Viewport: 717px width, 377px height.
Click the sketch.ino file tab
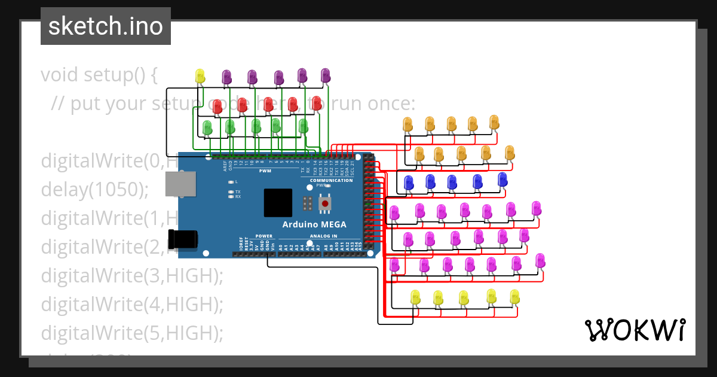pos(106,26)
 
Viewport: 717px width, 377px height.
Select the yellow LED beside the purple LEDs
pos(200,75)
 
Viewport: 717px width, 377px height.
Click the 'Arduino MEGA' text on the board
pos(323,224)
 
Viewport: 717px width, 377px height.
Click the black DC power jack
pos(183,239)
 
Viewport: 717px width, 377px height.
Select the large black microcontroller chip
pos(278,203)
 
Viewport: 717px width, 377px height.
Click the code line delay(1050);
pos(94,189)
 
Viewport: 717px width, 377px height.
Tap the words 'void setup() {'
pos(99,75)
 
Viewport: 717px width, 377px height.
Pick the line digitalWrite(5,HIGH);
pos(131,333)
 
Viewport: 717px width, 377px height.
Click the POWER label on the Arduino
pos(263,236)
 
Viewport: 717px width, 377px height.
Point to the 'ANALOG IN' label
pos(323,236)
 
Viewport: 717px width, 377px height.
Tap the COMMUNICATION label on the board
pos(331,180)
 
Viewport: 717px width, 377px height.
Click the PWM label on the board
pos(265,171)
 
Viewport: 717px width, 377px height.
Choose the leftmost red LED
pos(217,107)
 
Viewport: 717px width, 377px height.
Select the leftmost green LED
pos(207,127)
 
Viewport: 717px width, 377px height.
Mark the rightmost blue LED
pos(502,178)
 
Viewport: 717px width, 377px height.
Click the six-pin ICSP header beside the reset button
pos(308,203)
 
